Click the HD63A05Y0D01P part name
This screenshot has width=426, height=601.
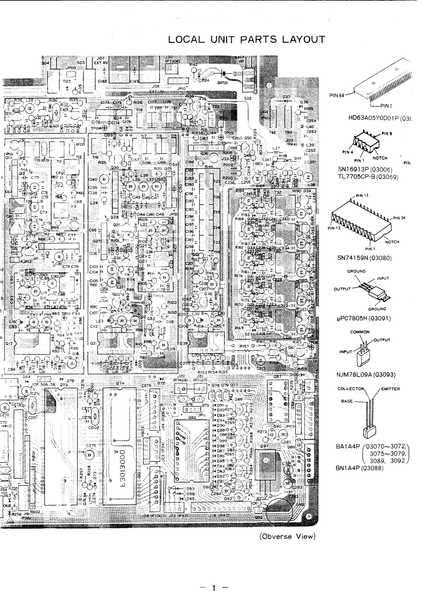tap(382, 117)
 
